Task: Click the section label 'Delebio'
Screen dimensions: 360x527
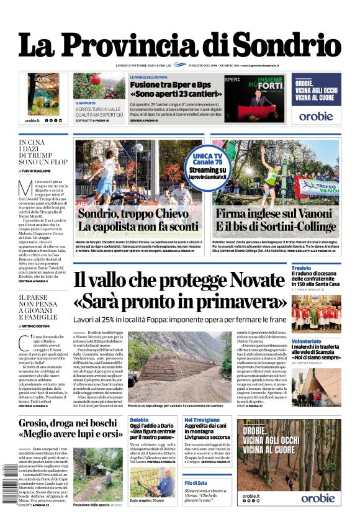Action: click(x=139, y=420)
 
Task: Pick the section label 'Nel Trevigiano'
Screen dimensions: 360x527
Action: click(x=202, y=420)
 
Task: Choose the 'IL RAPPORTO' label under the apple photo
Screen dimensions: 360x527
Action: click(x=86, y=103)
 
